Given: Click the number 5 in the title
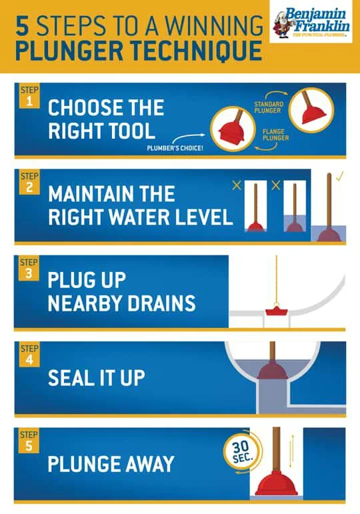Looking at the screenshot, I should point(22,27).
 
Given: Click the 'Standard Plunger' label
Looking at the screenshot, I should point(270,109).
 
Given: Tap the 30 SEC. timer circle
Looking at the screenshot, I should point(237,454).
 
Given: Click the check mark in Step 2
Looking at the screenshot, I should point(339,177).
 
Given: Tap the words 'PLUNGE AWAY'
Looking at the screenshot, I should point(111,463).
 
